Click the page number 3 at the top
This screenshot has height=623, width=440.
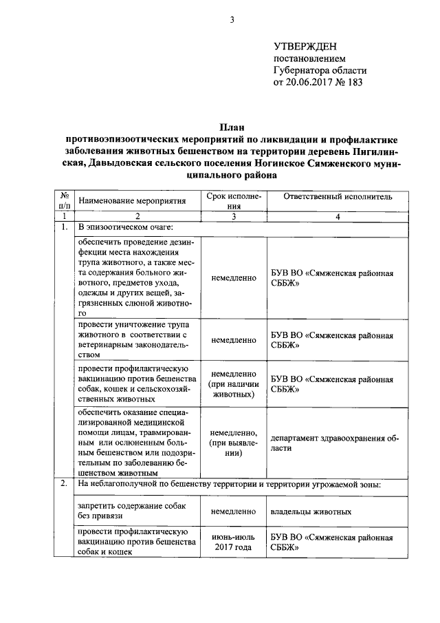coord(232,20)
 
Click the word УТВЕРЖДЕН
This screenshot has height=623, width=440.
coord(305,47)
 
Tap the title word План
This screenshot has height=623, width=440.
coord(231,127)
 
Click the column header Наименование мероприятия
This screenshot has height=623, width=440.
coord(133,201)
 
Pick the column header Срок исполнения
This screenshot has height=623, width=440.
coord(234,200)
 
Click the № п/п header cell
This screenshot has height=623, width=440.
coord(64,200)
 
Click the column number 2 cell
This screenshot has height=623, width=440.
coord(137,216)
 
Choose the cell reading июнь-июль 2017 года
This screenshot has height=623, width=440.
coord(234,542)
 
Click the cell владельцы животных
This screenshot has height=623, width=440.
coord(311,511)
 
